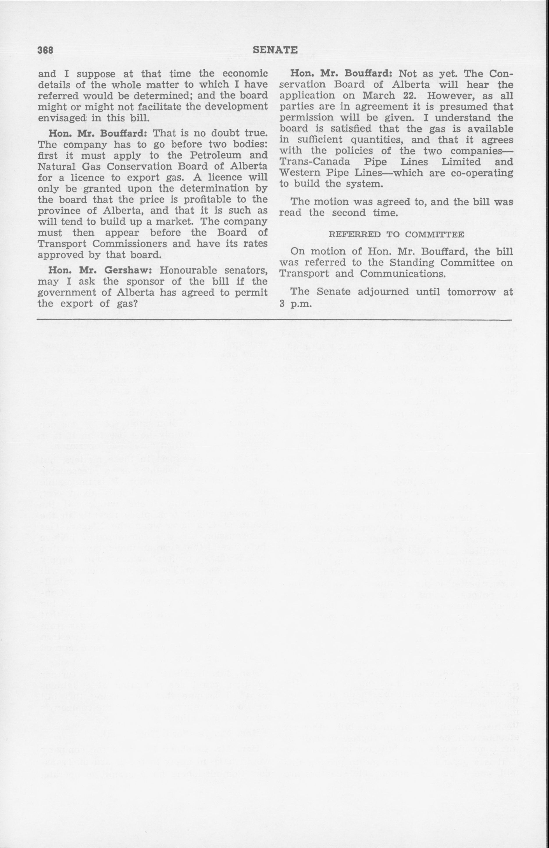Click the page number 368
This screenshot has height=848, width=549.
pyautogui.click(x=46, y=51)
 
